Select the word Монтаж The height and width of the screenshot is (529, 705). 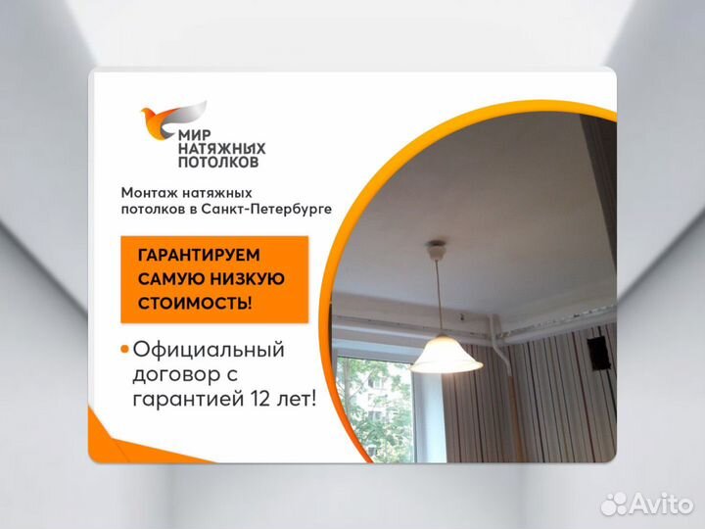(148, 193)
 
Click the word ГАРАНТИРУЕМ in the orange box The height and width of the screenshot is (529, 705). (201, 256)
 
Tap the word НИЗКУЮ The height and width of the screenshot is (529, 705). (252, 279)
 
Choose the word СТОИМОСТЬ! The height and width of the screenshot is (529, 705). (194, 303)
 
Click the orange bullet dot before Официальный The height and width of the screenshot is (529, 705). (124, 350)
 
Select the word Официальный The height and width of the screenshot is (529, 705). (209, 350)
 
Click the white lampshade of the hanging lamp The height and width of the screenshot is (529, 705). (446, 357)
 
